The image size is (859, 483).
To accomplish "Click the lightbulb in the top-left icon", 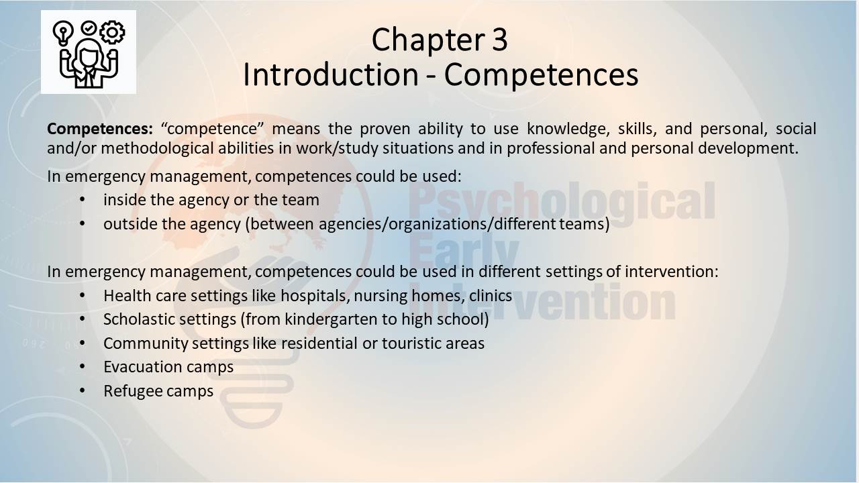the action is pos(63,33).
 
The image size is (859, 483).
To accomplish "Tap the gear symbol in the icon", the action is pos(112,32).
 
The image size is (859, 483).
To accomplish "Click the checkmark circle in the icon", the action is pos(89,28).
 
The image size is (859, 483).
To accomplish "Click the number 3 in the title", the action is pos(499,40).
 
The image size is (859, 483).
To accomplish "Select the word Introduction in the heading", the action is pos(331,74).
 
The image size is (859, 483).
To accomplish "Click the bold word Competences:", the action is pos(100,129).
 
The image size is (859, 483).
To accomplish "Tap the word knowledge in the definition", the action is pos(568,129).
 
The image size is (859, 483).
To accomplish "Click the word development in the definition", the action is pos(748,148).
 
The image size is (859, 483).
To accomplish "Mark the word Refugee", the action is pos(133,391).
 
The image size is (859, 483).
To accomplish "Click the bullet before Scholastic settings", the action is pos(83,319).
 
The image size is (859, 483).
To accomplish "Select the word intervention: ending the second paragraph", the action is pos(672,272).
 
